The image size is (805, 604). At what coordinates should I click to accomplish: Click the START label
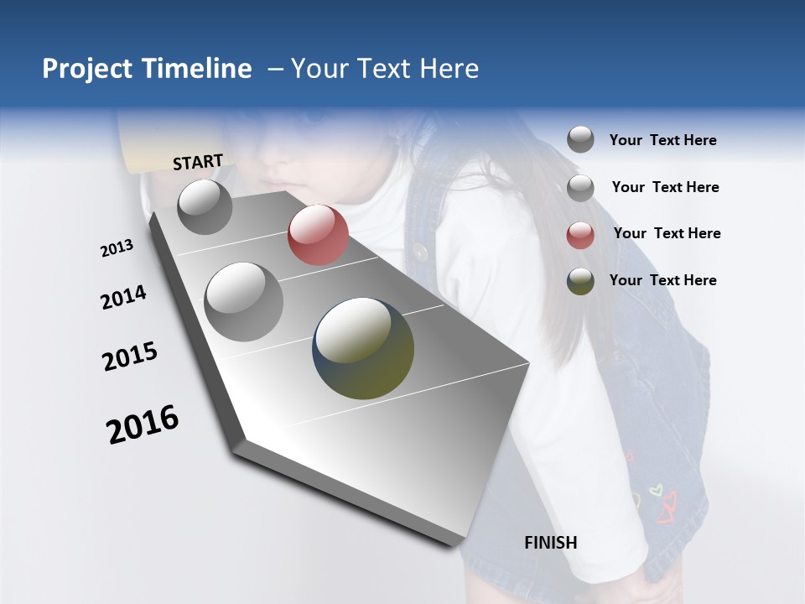click(x=198, y=162)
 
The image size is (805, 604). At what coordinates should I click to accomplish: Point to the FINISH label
click(x=550, y=543)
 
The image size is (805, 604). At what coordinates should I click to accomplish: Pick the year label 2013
click(x=117, y=248)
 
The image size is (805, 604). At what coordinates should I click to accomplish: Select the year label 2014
click(x=123, y=298)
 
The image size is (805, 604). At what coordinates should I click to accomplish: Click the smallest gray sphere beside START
click(x=205, y=206)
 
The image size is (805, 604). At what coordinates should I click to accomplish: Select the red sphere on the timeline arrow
click(x=318, y=235)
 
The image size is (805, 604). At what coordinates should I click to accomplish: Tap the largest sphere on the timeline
click(x=363, y=347)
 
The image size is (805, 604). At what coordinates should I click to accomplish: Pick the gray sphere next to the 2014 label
click(x=244, y=301)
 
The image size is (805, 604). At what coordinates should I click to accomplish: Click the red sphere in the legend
click(x=580, y=236)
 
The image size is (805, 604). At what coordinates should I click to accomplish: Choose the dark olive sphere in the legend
click(x=580, y=282)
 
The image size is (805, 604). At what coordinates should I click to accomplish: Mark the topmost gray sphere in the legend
click(x=580, y=139)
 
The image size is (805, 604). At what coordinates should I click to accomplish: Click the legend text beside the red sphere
click(x=667, y=233)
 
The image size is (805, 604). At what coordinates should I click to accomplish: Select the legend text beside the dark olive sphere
click(x=662, y=280)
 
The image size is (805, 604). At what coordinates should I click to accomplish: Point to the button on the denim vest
click(x=421, y=252)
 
